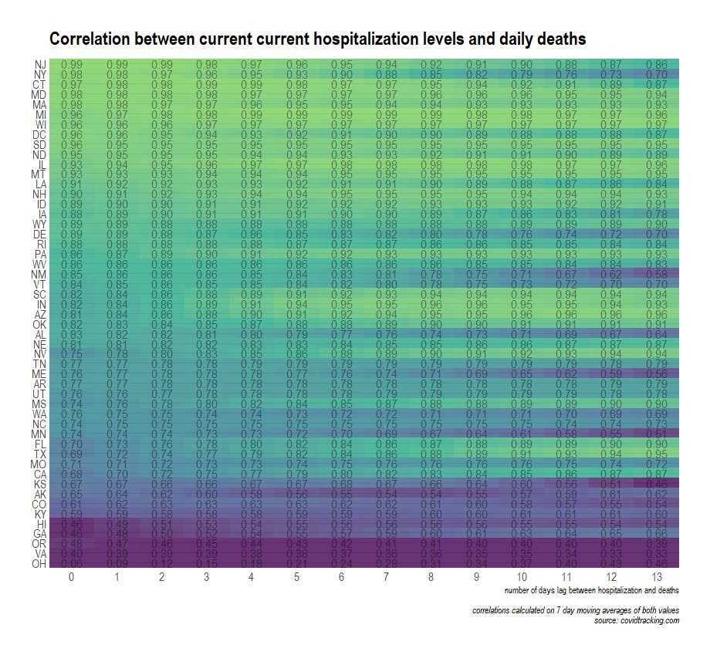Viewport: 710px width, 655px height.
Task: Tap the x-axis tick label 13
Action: tap(657, 577)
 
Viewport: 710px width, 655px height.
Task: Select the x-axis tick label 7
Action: tap(387, 577)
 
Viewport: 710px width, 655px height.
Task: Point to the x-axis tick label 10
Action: tap(522, 577)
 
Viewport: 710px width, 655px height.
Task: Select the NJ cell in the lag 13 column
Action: tap(657, 64)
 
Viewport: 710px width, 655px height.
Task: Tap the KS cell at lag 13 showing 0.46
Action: tap(657, 484)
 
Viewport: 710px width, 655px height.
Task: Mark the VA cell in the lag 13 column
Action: tap(657, 553)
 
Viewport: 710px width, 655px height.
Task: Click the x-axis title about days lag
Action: tap(591, 591)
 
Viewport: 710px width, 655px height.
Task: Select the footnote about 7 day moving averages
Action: tap(575, 611)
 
